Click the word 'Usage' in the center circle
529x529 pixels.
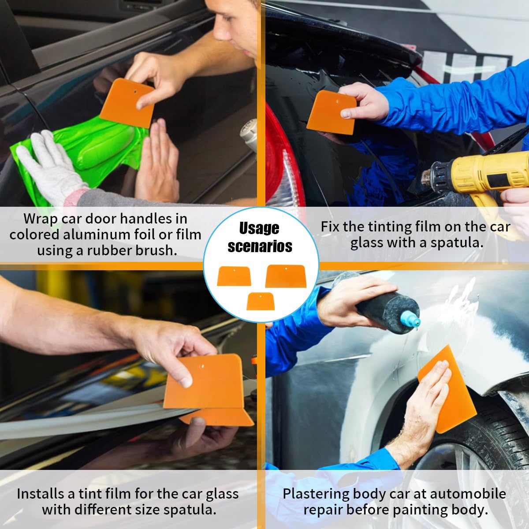[x=259, y=228]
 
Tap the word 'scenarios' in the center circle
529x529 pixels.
[x=260, y=246]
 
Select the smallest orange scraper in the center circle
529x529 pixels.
[x=260, y=301]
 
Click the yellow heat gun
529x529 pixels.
[x=485, y=176]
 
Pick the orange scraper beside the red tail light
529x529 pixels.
[x=331, y=112]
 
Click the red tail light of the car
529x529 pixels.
[x=282, y=159]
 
